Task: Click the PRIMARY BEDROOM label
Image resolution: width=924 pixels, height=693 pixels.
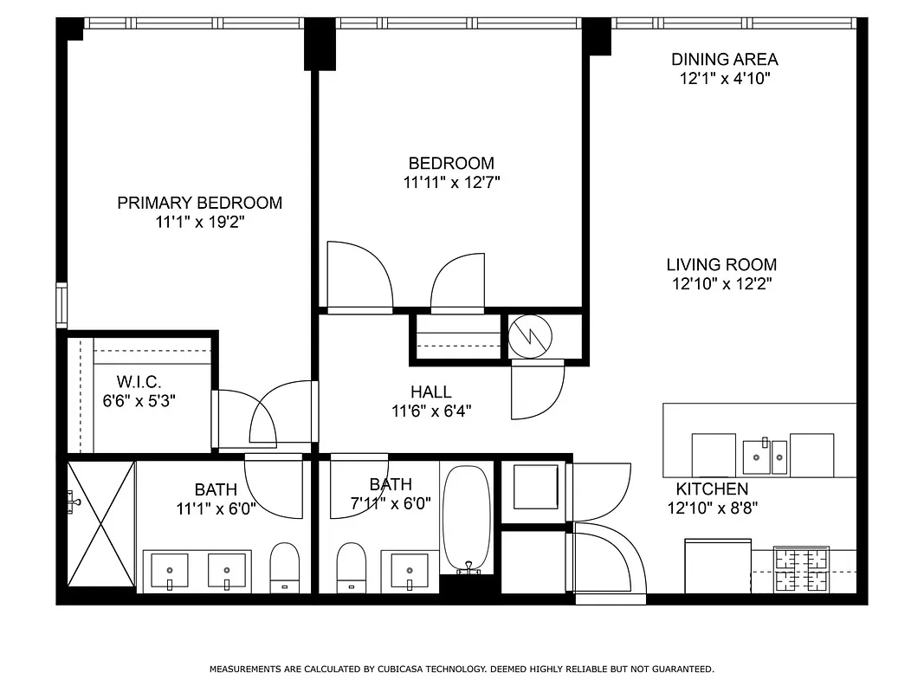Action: [x=199, y=203]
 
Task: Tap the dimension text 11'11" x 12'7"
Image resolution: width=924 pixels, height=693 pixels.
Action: [x=451, y=183]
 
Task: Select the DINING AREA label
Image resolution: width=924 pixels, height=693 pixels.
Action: [x=724, y=59]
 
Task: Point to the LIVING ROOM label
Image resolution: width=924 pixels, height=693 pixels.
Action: [x=720, y=264]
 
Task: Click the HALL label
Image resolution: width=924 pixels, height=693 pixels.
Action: [x=430, y=392]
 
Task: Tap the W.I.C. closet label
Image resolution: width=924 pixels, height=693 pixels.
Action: [x=139, y=381]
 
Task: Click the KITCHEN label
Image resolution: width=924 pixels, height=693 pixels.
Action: [x=712, y=489]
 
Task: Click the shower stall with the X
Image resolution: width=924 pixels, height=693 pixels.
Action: [x=101, y=525]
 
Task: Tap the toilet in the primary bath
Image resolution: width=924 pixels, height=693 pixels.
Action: [x=284, y=567]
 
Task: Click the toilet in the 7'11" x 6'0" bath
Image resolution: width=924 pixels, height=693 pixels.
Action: [x=351, y=567]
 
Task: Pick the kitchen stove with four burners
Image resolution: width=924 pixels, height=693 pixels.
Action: [x=801, y=569]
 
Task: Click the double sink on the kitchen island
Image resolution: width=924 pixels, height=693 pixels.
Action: [x=765, y=457]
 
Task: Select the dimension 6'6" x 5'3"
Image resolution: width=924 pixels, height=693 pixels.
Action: [x=139, y=401]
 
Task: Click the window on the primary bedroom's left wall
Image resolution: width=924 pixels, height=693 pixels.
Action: [x=61, y=305]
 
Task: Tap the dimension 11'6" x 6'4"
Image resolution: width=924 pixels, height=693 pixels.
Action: [x=430, y=411]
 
